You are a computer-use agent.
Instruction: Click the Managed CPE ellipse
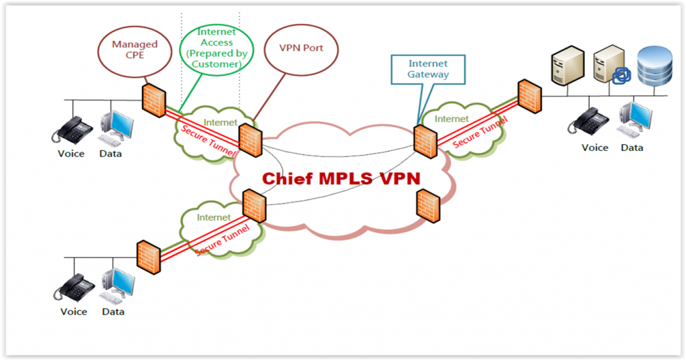coord(135,50)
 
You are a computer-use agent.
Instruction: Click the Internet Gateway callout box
coord(428,69)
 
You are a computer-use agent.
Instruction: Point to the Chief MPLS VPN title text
coord(340,179)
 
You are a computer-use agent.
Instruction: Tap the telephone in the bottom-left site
coord(72,287)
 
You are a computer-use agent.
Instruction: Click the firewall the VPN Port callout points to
coord(251,139)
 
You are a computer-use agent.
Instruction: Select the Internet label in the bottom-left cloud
coord(214,218)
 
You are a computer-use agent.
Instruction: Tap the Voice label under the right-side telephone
coord(594,147)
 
